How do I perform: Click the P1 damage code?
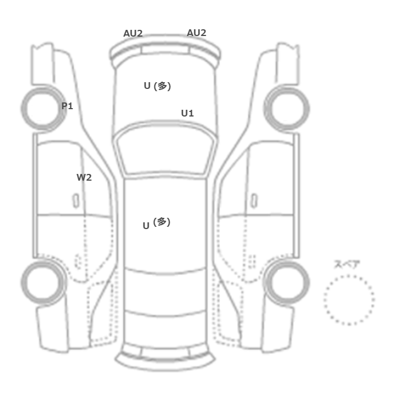point(67,106)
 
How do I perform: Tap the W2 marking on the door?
point(84,178)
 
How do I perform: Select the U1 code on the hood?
point(187,113)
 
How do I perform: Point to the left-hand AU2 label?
point(133,33)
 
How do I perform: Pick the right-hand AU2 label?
point(196,33)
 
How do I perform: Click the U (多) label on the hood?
point(157,86)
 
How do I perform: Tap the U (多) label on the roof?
point(156,223)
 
